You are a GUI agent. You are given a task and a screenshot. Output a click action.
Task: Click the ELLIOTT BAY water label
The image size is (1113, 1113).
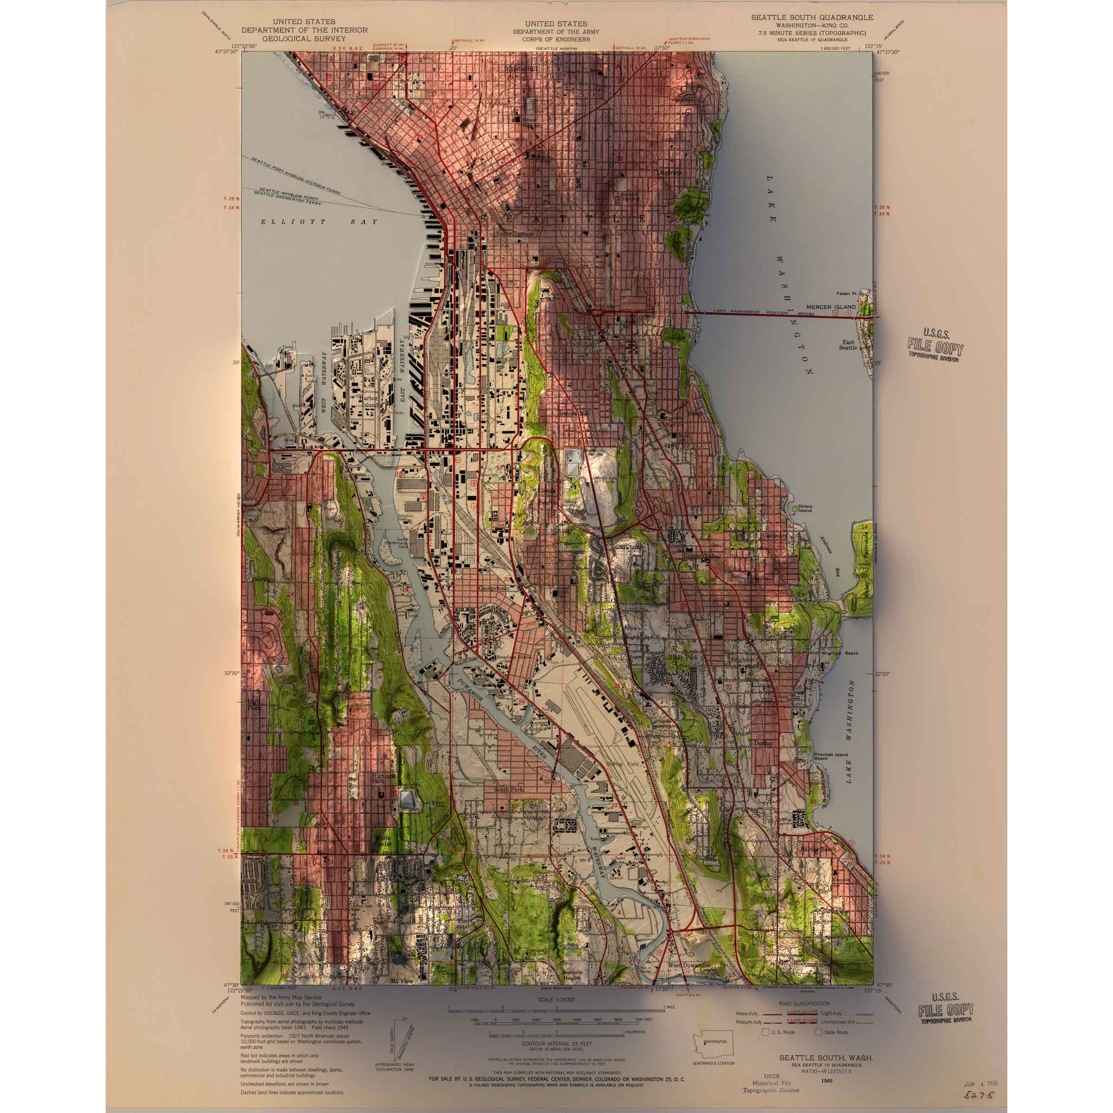[x=319, y=222]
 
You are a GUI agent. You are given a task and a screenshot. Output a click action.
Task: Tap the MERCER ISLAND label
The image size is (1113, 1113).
[x=831, y=307]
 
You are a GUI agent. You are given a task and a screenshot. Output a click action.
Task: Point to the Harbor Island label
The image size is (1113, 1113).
[x=369, y=401]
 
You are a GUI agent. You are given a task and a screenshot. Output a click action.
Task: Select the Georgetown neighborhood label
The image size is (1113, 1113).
[x=494, y=589]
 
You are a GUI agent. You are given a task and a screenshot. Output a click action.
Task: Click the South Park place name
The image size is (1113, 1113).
[x=509, y=789]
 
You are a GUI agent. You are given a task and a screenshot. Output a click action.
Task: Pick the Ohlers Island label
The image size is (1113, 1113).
[x=805, y=509]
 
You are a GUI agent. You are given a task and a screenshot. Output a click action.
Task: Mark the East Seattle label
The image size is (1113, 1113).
[x=848, y=345]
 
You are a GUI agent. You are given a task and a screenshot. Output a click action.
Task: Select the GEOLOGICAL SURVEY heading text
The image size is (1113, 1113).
[x=304, y=38]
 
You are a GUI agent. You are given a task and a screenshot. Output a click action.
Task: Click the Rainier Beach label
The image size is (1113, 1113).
[x=818, y=850]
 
